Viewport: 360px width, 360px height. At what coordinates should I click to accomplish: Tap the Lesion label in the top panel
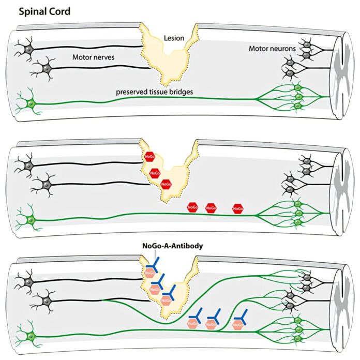coord(173,38)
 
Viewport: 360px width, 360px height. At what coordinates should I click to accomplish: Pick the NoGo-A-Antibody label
coord(173,246)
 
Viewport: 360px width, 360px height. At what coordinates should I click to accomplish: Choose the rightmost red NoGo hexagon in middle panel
coord(238,208)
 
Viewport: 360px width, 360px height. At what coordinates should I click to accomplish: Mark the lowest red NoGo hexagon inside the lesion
coord(166,184)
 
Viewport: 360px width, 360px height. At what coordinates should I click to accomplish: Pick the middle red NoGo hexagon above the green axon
coord(211,208)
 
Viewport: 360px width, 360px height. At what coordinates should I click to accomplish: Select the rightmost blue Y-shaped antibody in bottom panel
coord(239,317)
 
